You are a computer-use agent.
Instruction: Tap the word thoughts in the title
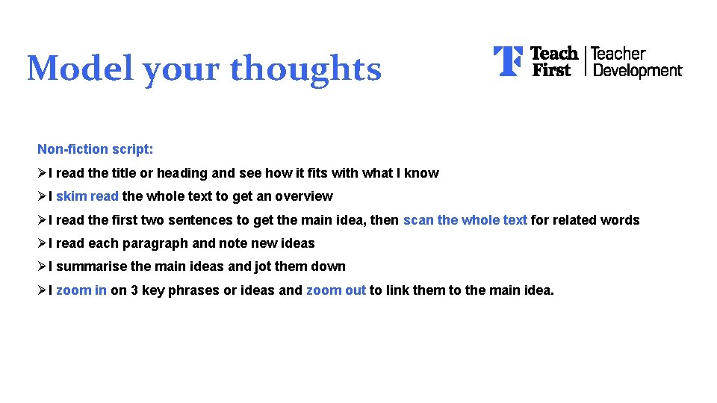click(x=305, y=69)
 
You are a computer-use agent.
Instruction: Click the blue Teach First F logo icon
click(x=508, y=61)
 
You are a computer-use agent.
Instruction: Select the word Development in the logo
click(x=636, y=71)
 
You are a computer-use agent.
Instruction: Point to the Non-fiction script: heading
click(x=96, y=149)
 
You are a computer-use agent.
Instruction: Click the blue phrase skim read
click(x=87, y=196)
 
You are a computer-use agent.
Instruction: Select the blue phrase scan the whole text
click(x=465, y=220)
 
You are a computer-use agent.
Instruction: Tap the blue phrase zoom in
click(x=81, y=290)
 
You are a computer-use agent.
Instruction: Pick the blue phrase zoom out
click(x=336, y=290)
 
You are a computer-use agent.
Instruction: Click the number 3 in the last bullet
click(x=134, y=290)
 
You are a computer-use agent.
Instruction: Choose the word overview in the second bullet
click(x=303, y=196)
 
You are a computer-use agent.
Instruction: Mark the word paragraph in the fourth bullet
click(x=156, y=243)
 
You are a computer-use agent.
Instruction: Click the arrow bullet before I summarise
click(x=42, y=266)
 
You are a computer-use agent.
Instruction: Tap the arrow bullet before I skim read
click(x=42, y=196)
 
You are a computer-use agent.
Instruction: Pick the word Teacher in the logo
click(x=618, y=54)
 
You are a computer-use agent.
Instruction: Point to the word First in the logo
click(x=551, y=70)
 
